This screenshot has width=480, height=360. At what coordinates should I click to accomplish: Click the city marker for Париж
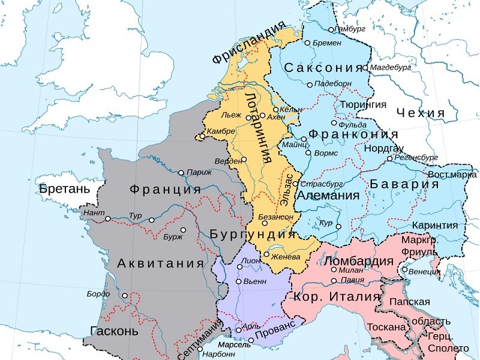181,173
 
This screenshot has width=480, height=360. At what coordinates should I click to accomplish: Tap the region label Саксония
324,67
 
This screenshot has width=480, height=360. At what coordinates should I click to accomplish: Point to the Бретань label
64,189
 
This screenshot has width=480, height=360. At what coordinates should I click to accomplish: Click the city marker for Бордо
125,295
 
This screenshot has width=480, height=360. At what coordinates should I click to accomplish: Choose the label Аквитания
160,263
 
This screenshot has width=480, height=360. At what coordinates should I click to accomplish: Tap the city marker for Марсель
251,340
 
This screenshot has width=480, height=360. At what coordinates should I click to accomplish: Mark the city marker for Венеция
405,270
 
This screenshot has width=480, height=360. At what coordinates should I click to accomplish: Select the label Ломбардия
358,261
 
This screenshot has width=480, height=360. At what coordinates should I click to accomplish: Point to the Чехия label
421,113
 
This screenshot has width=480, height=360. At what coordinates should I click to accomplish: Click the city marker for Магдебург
365,68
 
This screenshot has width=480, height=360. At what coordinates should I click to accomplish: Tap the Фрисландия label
248,42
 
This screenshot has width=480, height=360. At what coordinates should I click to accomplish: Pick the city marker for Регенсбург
389,158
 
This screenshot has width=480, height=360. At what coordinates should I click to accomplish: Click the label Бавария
404,184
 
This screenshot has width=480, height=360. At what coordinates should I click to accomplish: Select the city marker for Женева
266,254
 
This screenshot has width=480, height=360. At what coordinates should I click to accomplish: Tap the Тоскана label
386,328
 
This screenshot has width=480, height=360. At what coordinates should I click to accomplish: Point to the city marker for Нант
108,219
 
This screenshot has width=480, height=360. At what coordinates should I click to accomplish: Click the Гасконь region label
114,331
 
